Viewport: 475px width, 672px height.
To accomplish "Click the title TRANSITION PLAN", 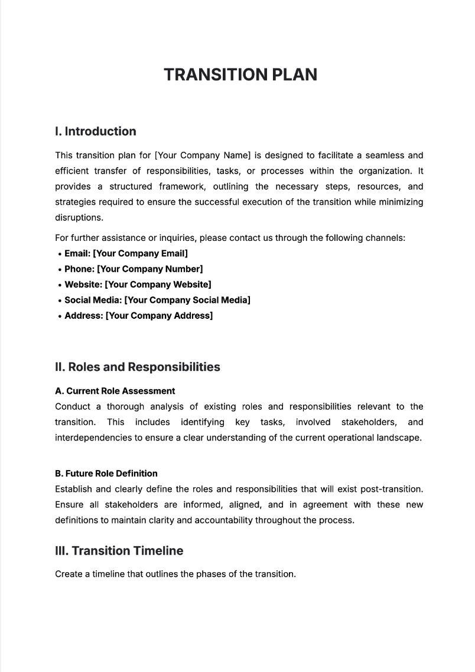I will coord(240,74).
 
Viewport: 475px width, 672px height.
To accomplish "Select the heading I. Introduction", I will coord(95,132).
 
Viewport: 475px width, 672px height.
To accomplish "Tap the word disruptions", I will coord(79,217).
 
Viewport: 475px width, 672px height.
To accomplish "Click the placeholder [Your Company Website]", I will coord(158,285).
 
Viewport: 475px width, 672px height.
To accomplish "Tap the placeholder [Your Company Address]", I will coord(159,315).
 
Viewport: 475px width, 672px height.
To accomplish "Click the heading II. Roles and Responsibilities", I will coord(137,367).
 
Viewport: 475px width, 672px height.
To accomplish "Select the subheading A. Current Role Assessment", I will coord(115,391).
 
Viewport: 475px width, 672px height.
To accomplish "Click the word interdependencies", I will coord(94,438).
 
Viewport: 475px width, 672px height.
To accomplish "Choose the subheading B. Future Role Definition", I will coord(106,474).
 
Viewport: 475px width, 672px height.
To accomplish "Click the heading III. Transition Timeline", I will coord(119,551).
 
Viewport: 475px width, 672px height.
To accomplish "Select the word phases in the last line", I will coord(196,574).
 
